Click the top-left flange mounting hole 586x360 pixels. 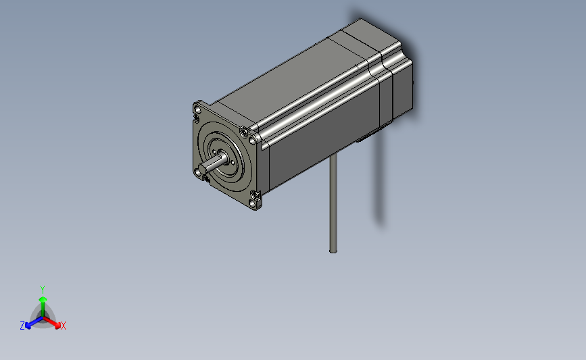point(197,108)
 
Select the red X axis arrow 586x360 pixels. point(56,324)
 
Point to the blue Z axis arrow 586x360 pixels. point(30,324)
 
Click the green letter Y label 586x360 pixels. point(42,289)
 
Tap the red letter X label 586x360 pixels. point(64,326)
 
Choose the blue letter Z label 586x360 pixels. point(22,326)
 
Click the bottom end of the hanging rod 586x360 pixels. point(333,250)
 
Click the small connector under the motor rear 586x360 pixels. point(362,139)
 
